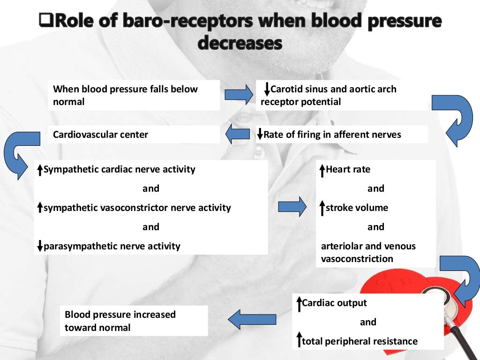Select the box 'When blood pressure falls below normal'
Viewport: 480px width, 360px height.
tap(134, 95)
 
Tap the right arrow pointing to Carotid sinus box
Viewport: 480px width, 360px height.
tap(238, 95)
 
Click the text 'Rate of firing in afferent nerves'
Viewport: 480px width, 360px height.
tap(332, 135)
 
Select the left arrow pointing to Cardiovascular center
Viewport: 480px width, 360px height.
tap(238, 135)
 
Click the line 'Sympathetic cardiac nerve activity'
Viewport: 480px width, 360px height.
tap(119, 169)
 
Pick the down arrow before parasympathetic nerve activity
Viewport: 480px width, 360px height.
tap(40, 245)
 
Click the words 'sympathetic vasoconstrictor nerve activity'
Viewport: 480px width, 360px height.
tap(137, 207)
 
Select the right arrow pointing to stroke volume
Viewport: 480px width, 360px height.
tap(292, 207)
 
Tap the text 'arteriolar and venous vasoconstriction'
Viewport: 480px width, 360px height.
tap(368, 252)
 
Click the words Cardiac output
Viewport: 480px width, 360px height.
tap(334, 303)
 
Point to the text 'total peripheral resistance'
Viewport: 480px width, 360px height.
tap(360, 341)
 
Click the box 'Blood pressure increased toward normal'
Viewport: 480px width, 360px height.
tap(134, 321)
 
